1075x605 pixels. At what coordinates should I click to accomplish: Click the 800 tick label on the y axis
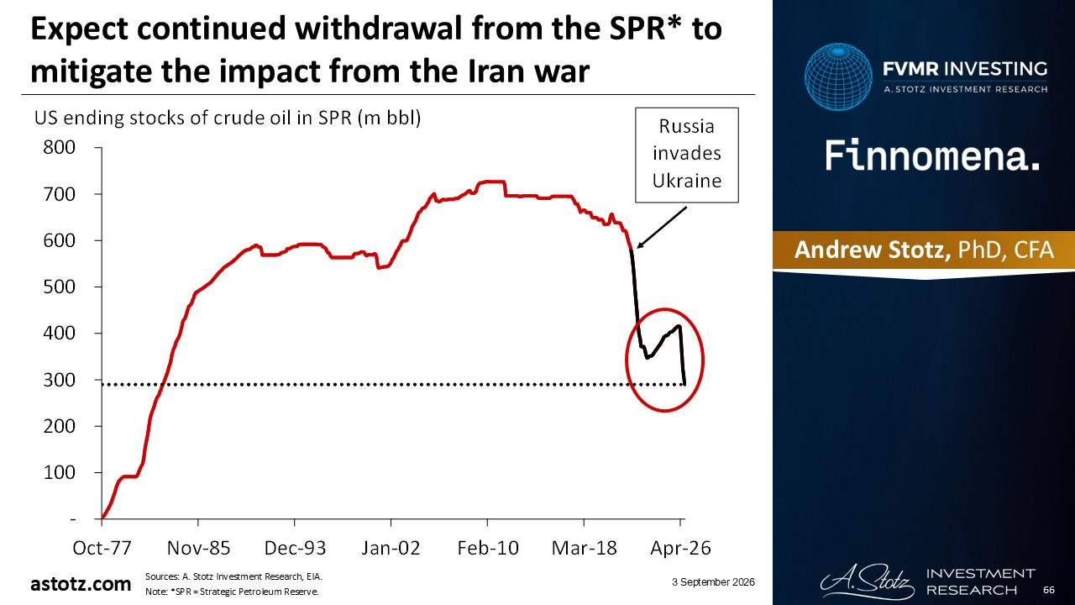(x=59, y=147)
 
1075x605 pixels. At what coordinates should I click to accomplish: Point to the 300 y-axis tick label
(x=59, y=380)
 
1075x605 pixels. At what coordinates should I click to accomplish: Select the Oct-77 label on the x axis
(x=102, y=548)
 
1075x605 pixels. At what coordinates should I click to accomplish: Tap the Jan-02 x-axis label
(x=391, y=548)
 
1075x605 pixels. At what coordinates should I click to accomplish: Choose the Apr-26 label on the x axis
(x=680, y=548)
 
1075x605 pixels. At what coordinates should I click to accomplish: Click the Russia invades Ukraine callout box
(x=687, y=155)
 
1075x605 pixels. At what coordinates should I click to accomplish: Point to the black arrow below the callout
(x=662, y=228)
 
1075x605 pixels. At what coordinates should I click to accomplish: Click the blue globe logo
(x=838, y=76)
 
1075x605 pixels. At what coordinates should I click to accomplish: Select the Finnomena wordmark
(x=932, y=155)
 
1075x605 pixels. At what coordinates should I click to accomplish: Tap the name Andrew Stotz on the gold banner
(x=872, y=250)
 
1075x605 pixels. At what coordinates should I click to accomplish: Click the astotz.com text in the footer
(x=81, y=584)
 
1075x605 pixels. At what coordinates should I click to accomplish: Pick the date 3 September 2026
(x=713, y=582)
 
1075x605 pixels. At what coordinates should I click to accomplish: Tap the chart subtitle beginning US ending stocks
(x=228, y=118)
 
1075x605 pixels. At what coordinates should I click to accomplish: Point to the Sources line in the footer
(x=233, y=576)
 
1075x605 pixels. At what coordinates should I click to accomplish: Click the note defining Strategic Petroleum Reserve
(x=232, y=592)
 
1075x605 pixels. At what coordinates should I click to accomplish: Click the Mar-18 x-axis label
(x=584, y=548)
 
